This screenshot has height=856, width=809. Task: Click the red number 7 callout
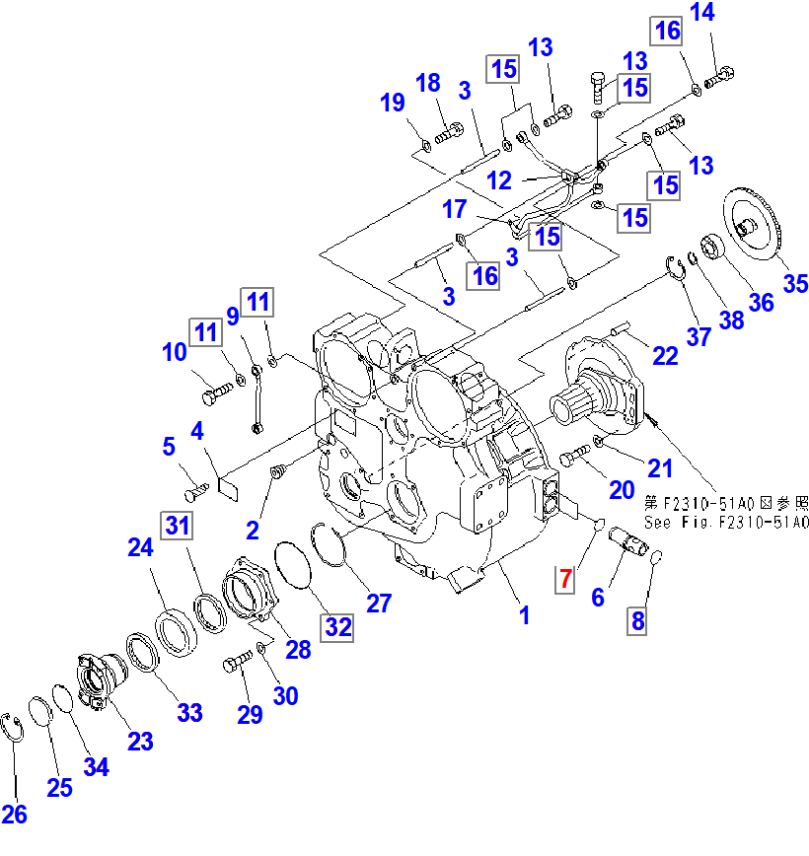(x=564, y=579)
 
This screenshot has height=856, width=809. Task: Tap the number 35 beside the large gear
(x=795, y=284)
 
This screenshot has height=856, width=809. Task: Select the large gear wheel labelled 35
(x=755, y=226)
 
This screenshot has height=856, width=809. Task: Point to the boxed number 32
(x=338, y=626)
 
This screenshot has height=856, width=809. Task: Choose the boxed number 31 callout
(x=177, y=526)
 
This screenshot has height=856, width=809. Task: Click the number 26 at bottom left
(x=15, y=814)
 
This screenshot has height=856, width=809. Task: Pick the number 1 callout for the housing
(x=525, y=615)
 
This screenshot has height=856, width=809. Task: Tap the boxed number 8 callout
(x=637, y=620)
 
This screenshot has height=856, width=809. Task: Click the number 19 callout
(x=393, y=102)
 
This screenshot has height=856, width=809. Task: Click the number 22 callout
(x=666, y=356)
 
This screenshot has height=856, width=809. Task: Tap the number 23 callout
(x=141, y=741)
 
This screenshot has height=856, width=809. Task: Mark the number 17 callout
(x=454, y=210)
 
